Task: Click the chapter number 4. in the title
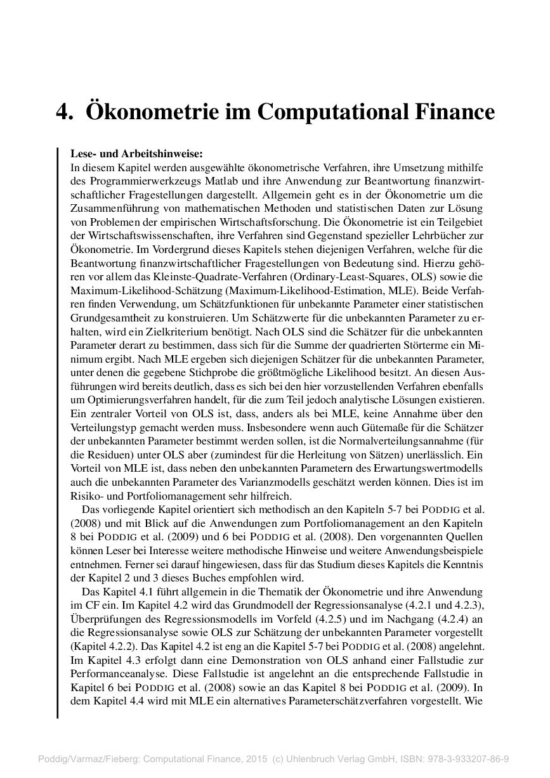tap(65, 112)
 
